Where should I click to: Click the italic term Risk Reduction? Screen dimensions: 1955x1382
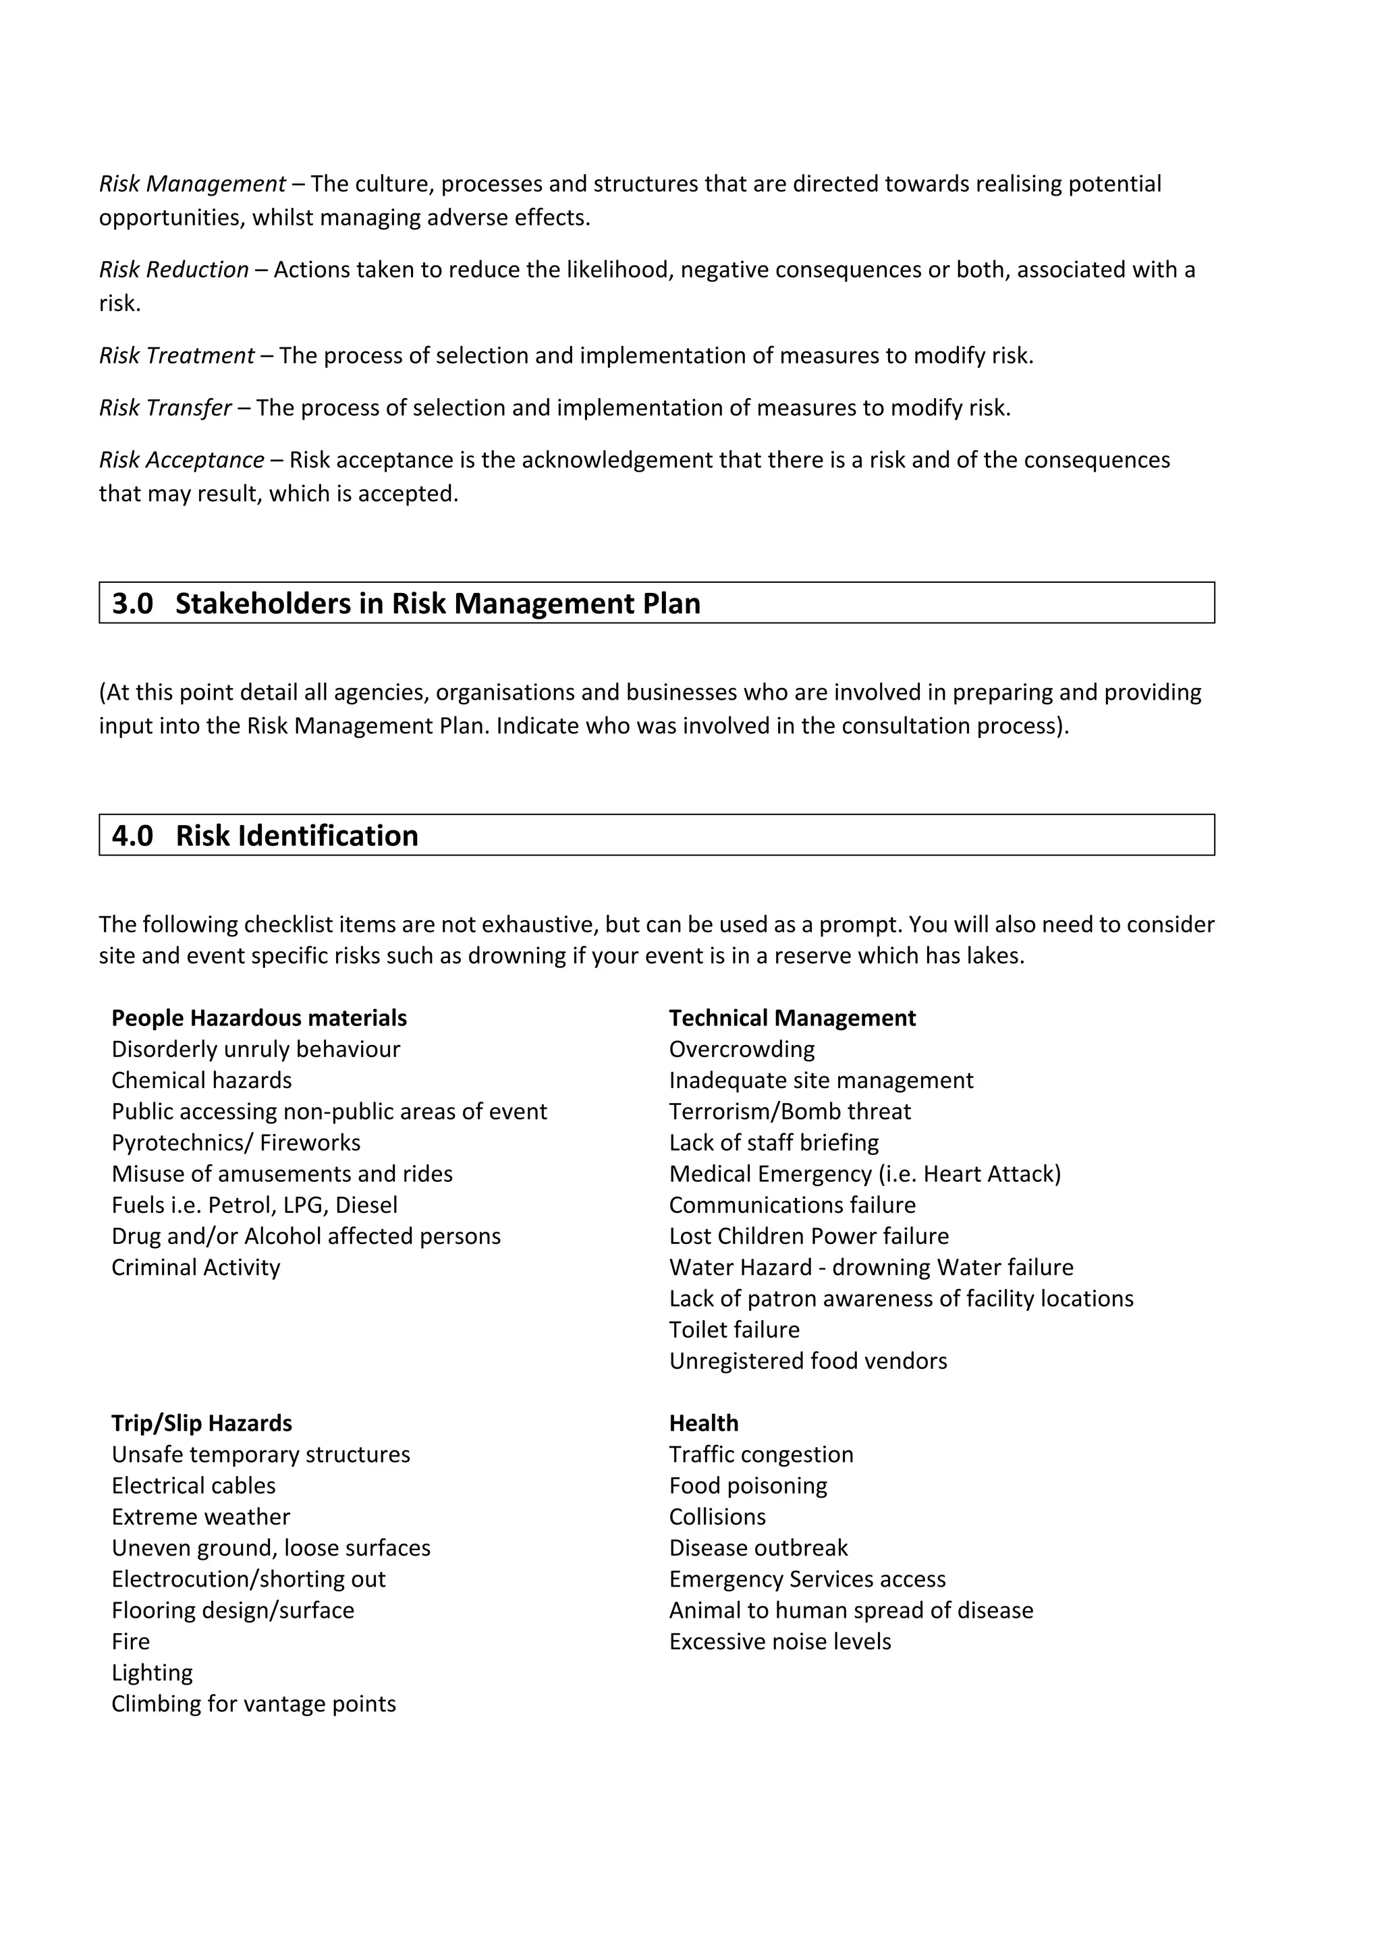click(173, 270)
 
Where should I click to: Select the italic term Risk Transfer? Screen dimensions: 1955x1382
click(165, 408)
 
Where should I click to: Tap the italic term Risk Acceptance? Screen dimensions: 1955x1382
click(182, 460)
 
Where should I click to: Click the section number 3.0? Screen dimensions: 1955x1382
click(133, 604)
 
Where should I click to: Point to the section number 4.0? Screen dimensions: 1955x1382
click(133, 835)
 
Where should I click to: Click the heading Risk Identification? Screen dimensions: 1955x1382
click(297, 835)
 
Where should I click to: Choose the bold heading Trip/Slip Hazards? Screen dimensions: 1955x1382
click(202, 1423)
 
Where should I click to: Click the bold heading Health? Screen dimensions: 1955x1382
click(703, 1423)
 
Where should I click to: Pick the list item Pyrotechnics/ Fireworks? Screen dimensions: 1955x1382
click(236, 1142)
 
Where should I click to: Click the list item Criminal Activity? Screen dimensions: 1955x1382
click(196, 1267)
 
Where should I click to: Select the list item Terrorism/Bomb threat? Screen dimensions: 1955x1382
click(790, 1111)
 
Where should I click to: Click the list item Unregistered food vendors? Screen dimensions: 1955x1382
click(807, 1361)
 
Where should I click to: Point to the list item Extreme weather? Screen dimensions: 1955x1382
click(201, 1517)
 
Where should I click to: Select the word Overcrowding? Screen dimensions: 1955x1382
click(742, 1049)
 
